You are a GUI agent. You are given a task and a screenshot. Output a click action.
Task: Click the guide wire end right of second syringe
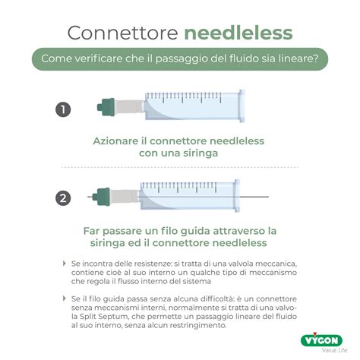tap(266, 197)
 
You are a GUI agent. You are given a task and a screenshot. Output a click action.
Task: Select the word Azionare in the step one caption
tap(115, 141)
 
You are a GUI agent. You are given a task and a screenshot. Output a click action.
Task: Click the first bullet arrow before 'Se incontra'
tap(65, 263)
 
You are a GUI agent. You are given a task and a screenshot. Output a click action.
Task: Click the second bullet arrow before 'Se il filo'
tap(65, 302)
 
